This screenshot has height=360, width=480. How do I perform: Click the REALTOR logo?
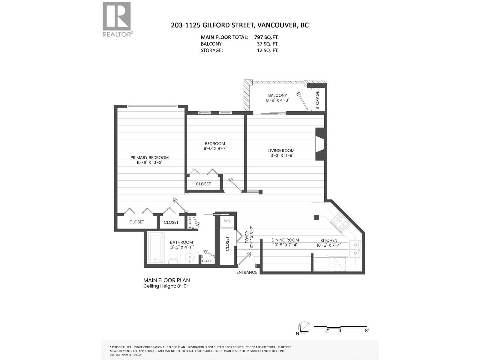(117, 19)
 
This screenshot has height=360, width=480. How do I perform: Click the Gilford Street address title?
(240, 25)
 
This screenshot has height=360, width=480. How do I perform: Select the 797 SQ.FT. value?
(266, 37)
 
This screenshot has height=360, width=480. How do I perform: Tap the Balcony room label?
(277, 95)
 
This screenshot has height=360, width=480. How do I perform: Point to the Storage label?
(317, 100)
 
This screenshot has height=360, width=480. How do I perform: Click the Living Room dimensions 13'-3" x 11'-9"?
(281, 155)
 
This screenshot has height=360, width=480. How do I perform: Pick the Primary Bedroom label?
(149, 157)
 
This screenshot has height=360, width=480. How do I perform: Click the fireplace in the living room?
(320, 144)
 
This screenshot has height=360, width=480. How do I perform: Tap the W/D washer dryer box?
(228, 221)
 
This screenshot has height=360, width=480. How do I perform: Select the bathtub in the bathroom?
(155, 248)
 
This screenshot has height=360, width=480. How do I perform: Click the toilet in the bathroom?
(174, 257)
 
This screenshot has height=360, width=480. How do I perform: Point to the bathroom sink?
(190, 257)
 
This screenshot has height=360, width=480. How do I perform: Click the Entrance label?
(247, 272)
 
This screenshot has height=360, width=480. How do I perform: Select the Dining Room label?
(285, 240)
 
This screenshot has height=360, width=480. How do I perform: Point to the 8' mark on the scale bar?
(367, 331)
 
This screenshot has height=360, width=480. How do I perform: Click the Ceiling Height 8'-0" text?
(166, 286)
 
